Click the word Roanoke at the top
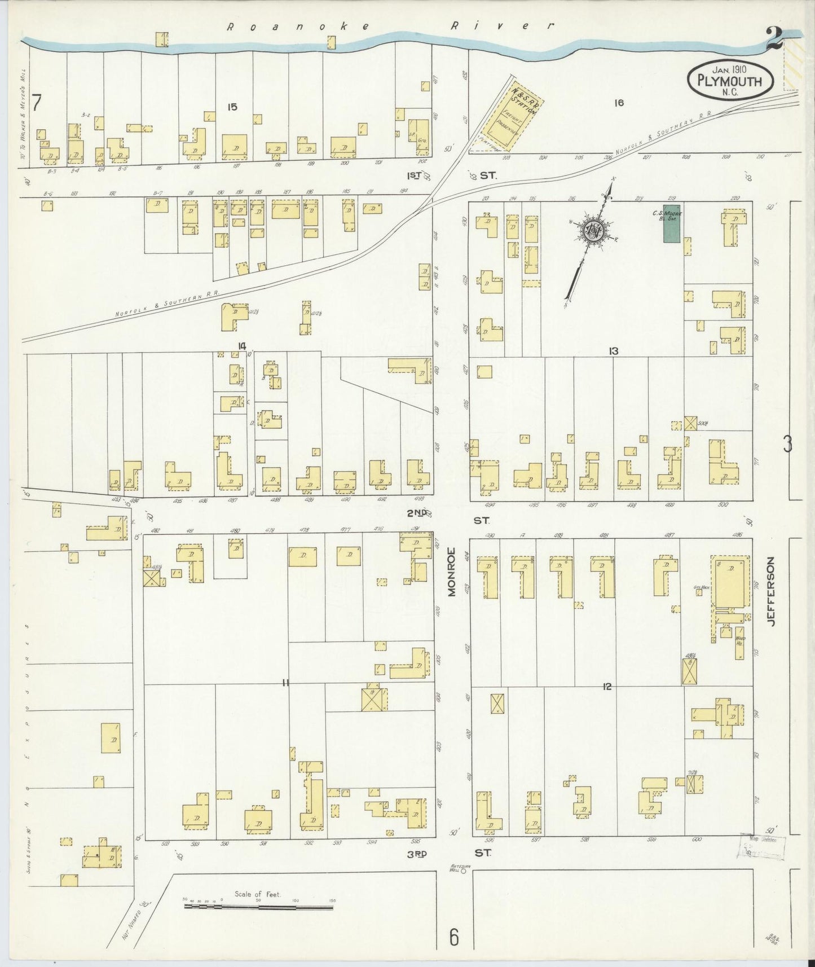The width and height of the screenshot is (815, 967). tap(298, 27)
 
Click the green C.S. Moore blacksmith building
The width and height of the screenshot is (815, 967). tap(671, 224)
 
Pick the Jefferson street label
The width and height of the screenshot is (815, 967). tap(771, 590)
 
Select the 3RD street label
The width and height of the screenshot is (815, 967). tap(417, 854)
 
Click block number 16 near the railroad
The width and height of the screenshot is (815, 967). tap(619, 103)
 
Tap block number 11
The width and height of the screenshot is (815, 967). tap(285, 683)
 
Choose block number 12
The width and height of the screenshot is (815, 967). tap(607, 687)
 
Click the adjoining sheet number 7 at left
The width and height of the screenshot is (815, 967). tap(37, 104)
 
